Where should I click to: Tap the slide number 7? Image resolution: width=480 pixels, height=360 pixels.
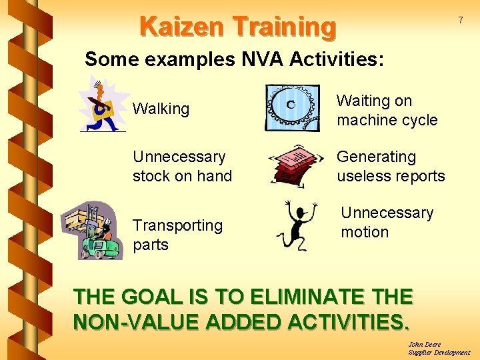pos(460,21)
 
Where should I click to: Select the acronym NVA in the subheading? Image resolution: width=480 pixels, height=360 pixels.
pos(261,59)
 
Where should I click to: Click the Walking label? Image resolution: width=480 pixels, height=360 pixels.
pos(161,109)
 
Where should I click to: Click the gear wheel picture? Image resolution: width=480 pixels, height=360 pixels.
pos(292,107)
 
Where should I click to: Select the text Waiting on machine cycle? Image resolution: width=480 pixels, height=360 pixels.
pos(387,111)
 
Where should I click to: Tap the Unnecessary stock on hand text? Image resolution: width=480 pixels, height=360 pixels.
pos(182,167)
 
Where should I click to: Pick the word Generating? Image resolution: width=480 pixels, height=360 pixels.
pos(376,157)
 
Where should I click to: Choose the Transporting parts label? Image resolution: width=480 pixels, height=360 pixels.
pos(177,235)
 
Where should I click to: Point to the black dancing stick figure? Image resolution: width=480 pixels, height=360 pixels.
pos(296,224)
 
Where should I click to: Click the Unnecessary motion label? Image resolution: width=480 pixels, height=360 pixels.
pos(387,223)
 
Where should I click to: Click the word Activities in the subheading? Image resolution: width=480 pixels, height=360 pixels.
pos(337,59)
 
